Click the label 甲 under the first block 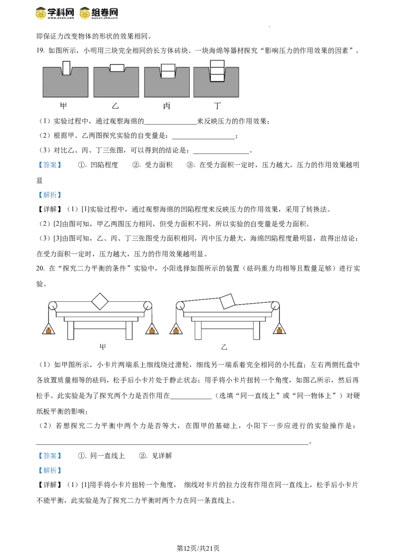coord(63,106)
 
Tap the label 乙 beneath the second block coord(115,106)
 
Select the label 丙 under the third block coord(166,106)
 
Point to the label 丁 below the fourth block coord(218,106)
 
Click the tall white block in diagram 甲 coord(66,68)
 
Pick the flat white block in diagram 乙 coord(117,68)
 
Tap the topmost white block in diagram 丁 coord(217,63)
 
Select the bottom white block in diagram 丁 coord(217,78)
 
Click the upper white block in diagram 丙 coord(168,68)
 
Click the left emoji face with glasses coord(41,12)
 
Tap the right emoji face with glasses coord(85,12)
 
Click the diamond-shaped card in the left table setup coord(100,300)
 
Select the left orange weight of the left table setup coord(48,330)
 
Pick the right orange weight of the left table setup coord(151,330)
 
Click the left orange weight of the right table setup coord(175,330)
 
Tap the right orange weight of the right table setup coord(279,330)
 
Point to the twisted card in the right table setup coord(226,301)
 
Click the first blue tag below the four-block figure coord(49,165)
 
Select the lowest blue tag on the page coord(49,470)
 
